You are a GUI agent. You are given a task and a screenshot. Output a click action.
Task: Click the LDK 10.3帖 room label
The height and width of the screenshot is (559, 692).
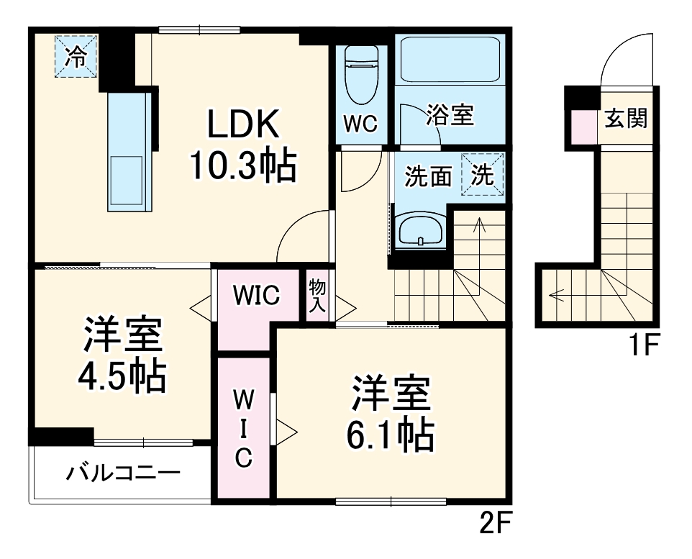click(x=242, y=146)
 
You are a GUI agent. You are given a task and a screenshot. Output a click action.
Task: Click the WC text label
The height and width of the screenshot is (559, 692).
click(x=360, y=124)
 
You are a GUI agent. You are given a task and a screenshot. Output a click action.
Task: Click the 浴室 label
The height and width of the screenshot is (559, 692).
click(x=451, y=116)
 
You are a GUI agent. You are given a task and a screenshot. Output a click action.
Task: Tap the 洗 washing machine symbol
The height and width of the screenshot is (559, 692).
click(x=483, y=175)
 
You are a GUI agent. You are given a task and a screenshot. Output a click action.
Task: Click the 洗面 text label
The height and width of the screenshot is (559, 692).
click(x=427, y=177)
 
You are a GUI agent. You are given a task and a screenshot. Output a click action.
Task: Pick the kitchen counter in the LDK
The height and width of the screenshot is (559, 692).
click(x=128, y=153)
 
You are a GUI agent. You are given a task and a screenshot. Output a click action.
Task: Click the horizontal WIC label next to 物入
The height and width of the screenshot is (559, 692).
click(x=256, y=295)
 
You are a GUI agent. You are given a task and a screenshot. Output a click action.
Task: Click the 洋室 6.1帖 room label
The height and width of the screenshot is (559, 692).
click(x=391, y=413)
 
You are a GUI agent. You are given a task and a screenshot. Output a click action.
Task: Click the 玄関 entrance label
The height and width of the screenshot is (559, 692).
click(x=625, y=119)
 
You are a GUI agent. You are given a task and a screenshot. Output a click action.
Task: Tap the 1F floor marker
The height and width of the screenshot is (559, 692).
click(x=645, y=347)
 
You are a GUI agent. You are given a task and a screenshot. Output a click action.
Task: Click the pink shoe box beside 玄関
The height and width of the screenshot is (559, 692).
click(x=585, y=128)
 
